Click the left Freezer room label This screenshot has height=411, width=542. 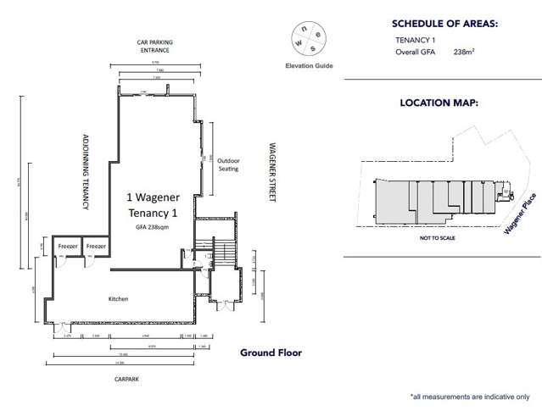67,246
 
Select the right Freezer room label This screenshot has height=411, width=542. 96,246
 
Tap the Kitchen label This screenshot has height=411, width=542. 118,299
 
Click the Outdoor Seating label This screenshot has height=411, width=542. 228,164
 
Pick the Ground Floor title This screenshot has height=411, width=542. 271,353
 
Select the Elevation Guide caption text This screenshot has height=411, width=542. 309,66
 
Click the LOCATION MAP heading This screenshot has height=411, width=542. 439,103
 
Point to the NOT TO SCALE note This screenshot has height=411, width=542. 437,240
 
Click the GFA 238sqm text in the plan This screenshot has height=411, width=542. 151,228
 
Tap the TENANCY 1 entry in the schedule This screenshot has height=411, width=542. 415,40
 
